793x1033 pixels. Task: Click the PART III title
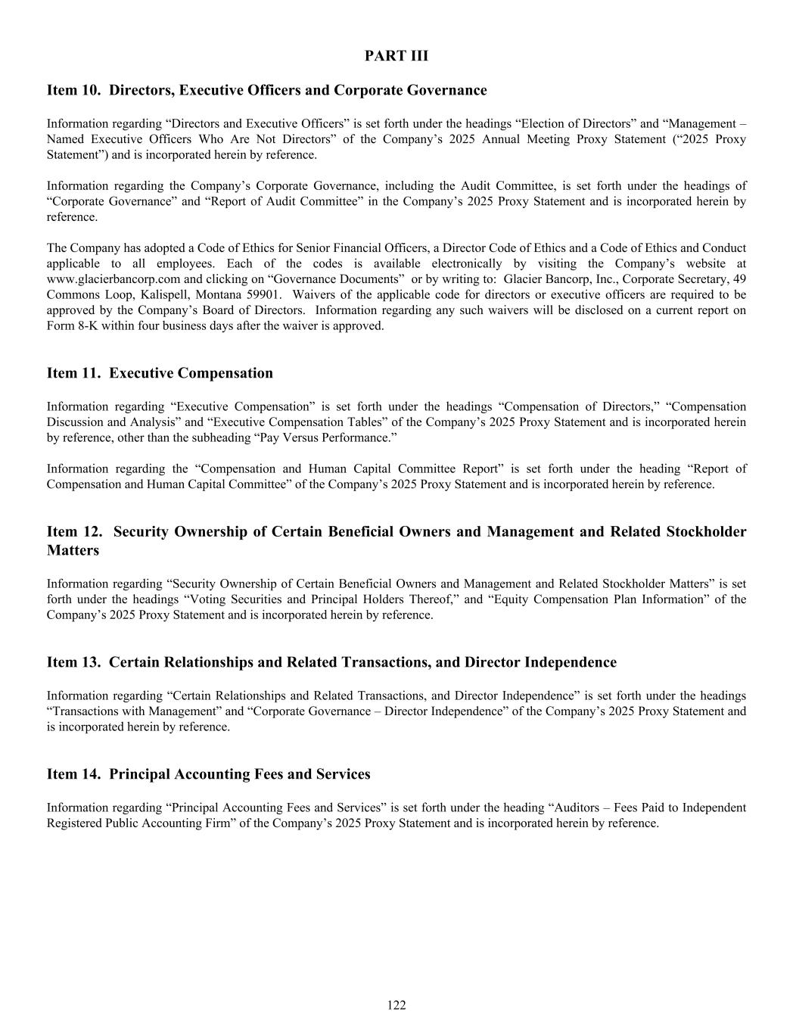coord(396,55)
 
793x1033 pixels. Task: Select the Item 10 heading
coord(266,90)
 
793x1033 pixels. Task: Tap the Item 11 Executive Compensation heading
coord(160,373)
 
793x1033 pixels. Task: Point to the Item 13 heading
coord(331,662)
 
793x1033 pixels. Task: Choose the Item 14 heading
coord(208,774)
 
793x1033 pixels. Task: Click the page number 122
coord(396,1005)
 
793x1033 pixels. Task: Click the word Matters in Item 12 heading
coord(73,550)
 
